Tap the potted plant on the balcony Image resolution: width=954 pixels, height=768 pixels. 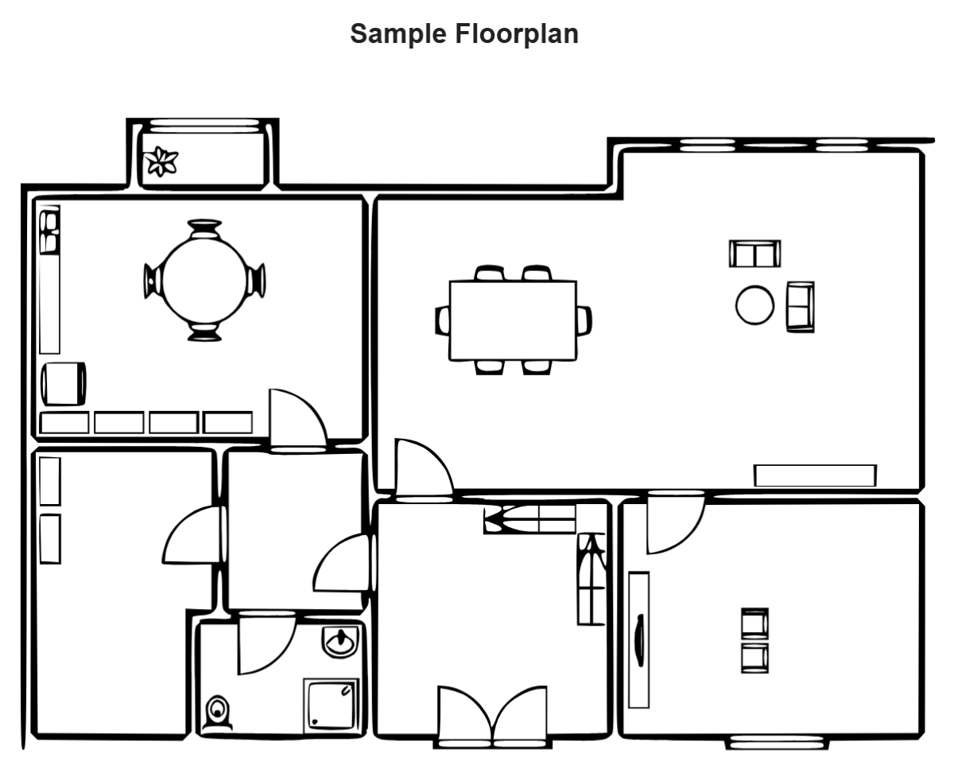(162, 161)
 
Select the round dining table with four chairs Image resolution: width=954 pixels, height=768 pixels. (204, 281)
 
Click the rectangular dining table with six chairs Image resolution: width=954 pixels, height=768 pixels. (513, 320)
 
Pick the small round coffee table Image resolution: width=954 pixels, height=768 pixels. (754, 305)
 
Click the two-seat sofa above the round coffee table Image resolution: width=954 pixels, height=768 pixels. (754, 254)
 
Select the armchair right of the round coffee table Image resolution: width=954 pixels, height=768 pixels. (800, 306)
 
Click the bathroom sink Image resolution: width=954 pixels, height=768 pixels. (341, 642)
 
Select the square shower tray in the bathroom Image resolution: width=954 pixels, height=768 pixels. (331, 705)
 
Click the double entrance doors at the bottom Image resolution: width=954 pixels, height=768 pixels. (492, 717)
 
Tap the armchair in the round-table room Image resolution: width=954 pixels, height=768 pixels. (63, 383)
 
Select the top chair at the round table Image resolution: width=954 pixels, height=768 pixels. (204, 229)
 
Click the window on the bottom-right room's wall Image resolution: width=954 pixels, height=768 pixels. (777, 743)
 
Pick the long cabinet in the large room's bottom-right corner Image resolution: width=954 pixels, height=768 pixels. (815, 475)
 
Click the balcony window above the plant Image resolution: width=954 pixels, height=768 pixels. (205, 123)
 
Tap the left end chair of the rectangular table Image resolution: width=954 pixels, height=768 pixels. (442, 320)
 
